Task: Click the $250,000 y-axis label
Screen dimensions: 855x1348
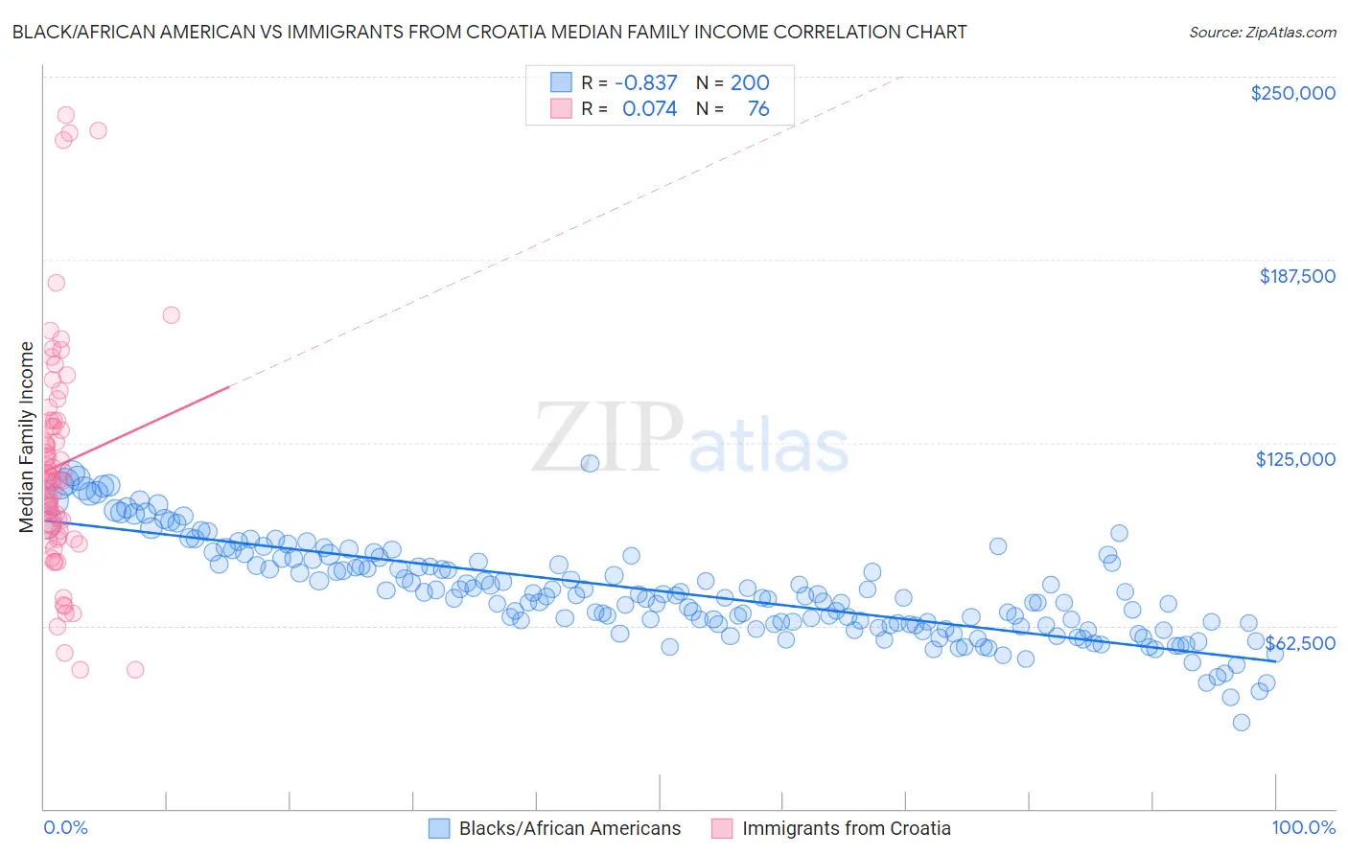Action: (x=1292, y=93)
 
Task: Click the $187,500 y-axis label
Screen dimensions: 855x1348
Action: (x=1296, y=276)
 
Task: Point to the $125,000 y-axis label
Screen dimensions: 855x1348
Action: (x=1295, y=459)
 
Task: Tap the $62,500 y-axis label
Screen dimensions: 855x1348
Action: (x=1300, y=642)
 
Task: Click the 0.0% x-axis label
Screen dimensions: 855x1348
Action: (x=65, y=827)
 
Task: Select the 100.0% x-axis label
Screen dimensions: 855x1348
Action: (x=1303, y=827)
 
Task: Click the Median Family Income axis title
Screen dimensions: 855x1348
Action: (x=26, y=436)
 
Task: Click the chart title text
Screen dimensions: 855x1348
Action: (x=489, y=32)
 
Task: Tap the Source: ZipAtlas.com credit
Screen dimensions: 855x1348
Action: (x=1262, y=32)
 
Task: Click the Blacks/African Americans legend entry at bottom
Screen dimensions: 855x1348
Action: (x=569, y=828)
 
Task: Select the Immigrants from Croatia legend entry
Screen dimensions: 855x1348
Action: (x=846, y=828)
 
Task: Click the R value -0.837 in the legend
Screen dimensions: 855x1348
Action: (x=646, y=82)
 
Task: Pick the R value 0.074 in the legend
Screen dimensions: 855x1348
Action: (x=649, y=108)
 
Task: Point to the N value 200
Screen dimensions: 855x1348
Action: (x=750, y=82)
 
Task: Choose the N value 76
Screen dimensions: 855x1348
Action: (x=757, y=108)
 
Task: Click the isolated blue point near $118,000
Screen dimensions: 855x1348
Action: (x=590, y=463)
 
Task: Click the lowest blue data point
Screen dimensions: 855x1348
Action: (x=1242, y=722)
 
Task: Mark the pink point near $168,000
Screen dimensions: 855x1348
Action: (x=172, y=314)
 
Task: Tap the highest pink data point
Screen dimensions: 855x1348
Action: (x=66, y=115)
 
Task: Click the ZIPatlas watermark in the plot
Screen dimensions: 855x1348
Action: (x=690, y=439)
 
